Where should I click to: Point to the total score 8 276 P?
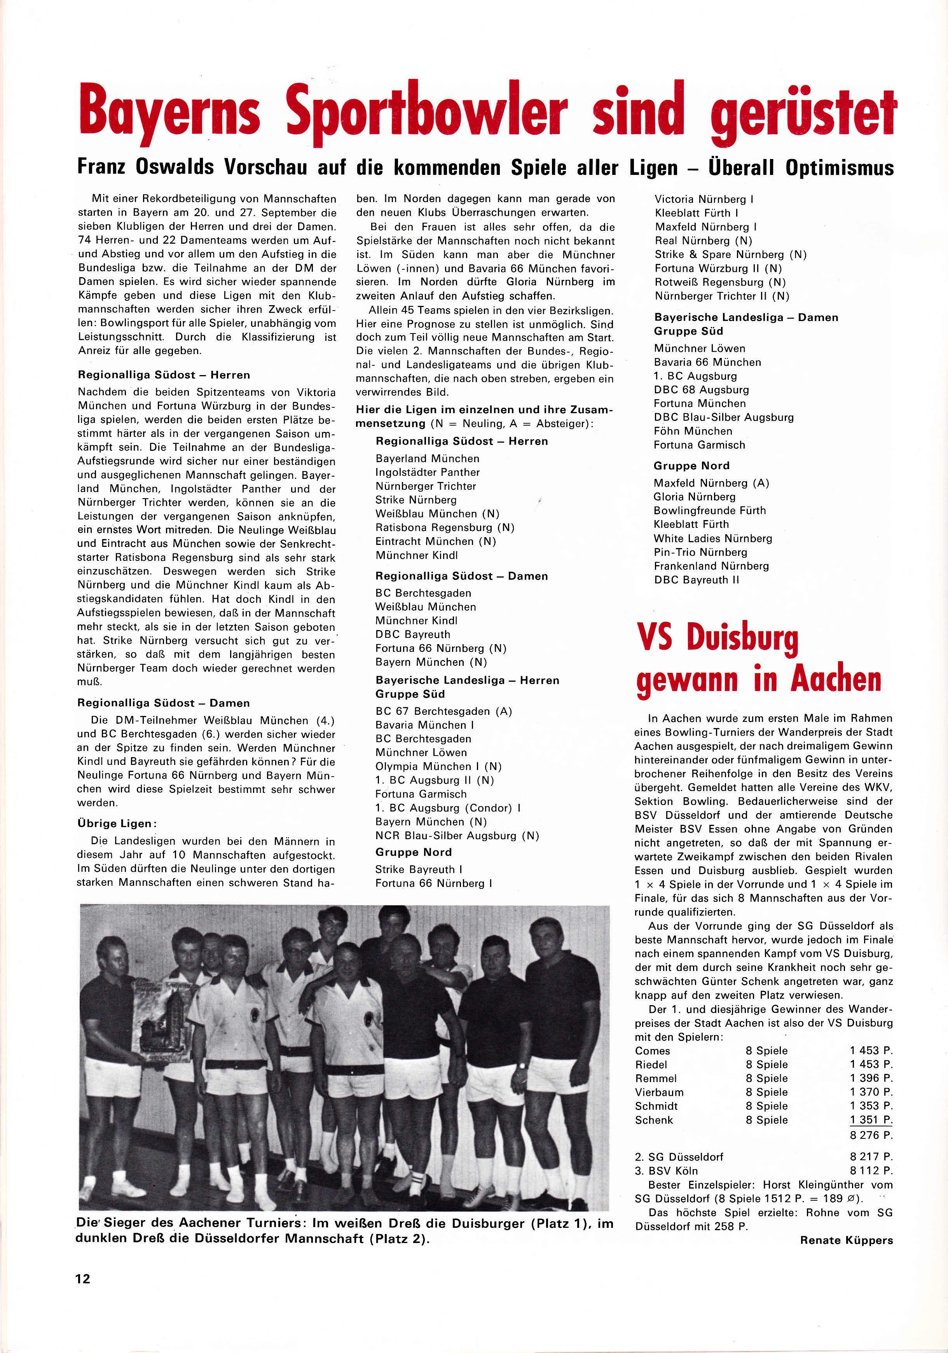871,1135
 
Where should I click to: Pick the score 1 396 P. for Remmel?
871,1078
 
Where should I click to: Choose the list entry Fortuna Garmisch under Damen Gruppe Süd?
699,445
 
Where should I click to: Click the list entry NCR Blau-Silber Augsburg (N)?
457,836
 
